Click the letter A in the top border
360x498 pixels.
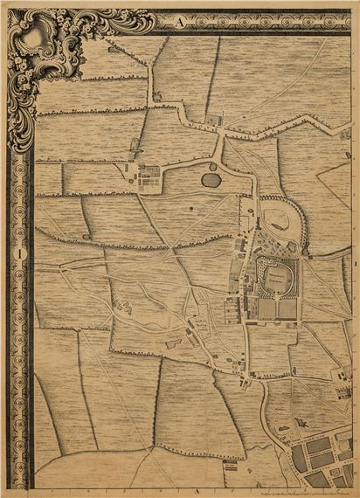pos(179,24)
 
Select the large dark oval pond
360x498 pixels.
pos(211,180)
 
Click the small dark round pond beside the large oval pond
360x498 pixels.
pos(212,166)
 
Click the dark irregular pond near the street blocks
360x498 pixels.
pos(301,423)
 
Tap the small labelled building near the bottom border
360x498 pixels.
pos(232,465)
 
